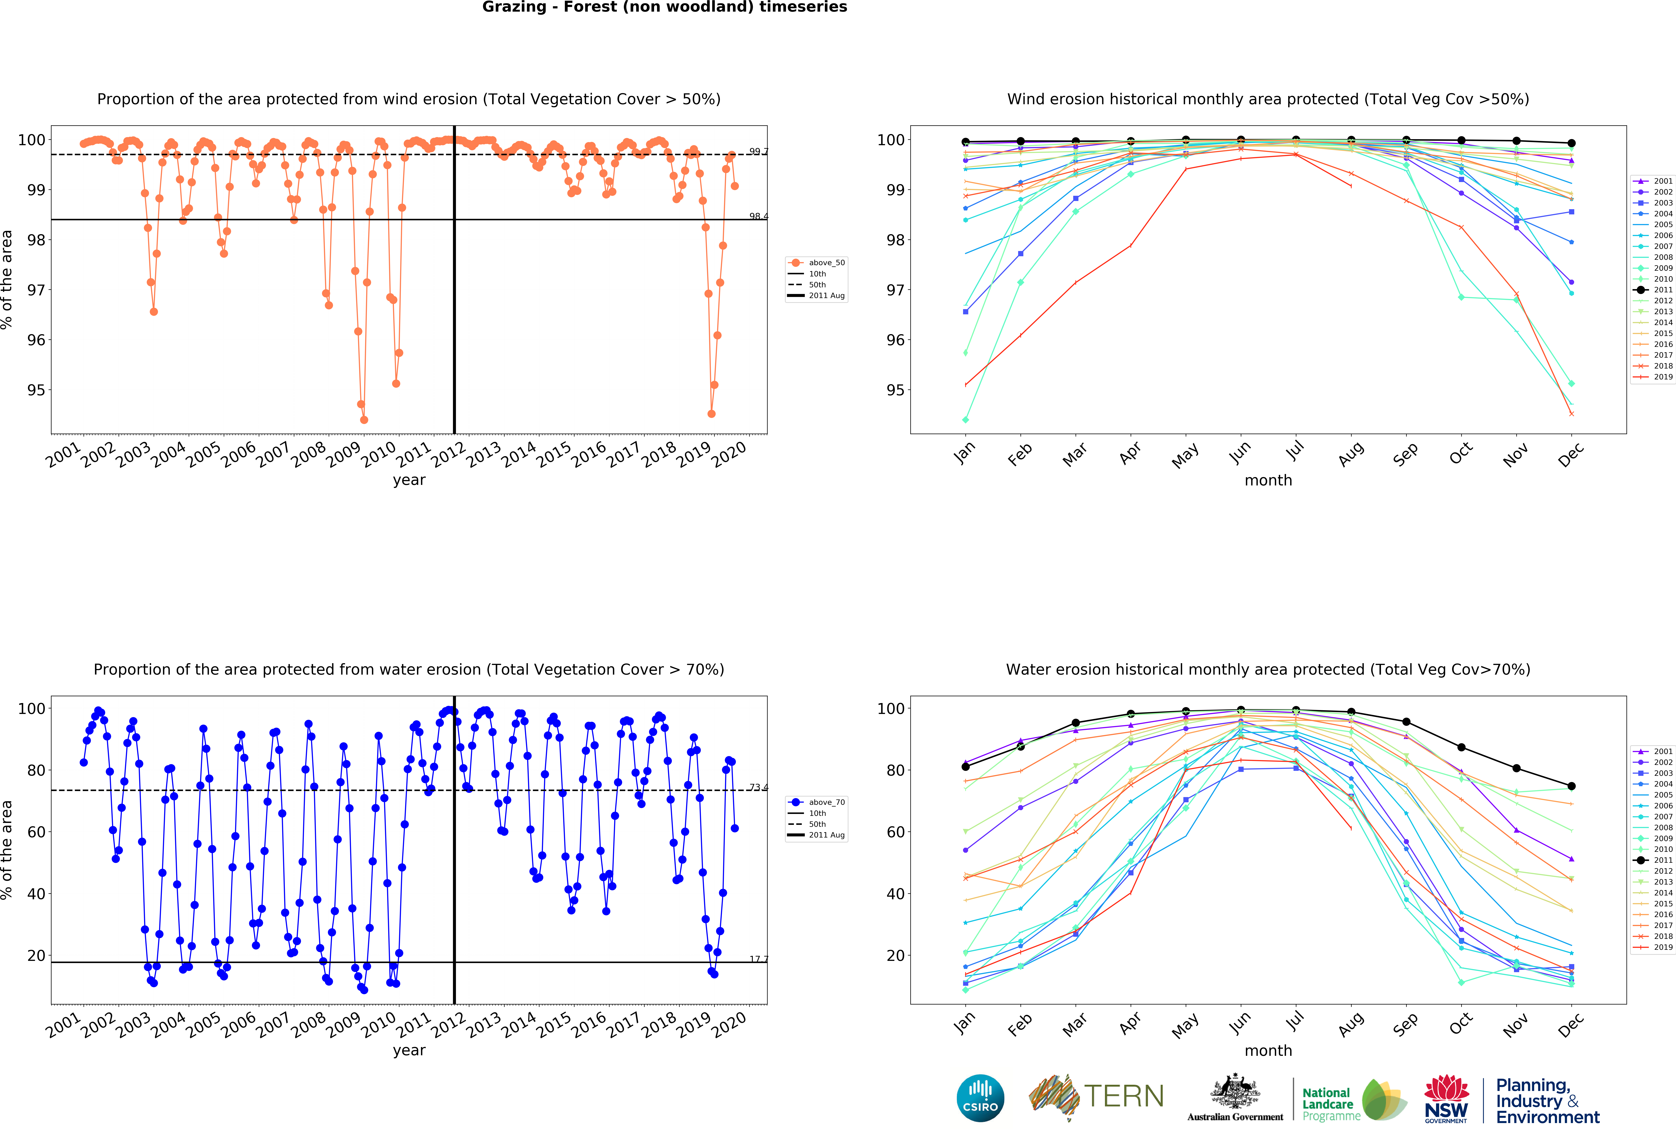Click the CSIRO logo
pyautogui.click(x=980, y=1098)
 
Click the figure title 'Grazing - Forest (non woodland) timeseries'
pyautogui.click(x=664, y=7)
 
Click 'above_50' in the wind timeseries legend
pyautogui.click(x=826, y=262)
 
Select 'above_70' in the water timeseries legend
pyautogui.click(x=826, y=802)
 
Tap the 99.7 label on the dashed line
pyautogui.click(x=758, y=151)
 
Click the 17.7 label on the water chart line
pyautogui.click(x=758, y=959)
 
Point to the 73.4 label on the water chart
pyautogui.click(x=758, y=787)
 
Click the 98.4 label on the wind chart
pyautogui.click(x=758, y=216)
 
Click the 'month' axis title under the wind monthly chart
pyautogui.click(x=1268, y=480)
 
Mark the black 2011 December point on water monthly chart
pyautogui.click(x=1571, y=786)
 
